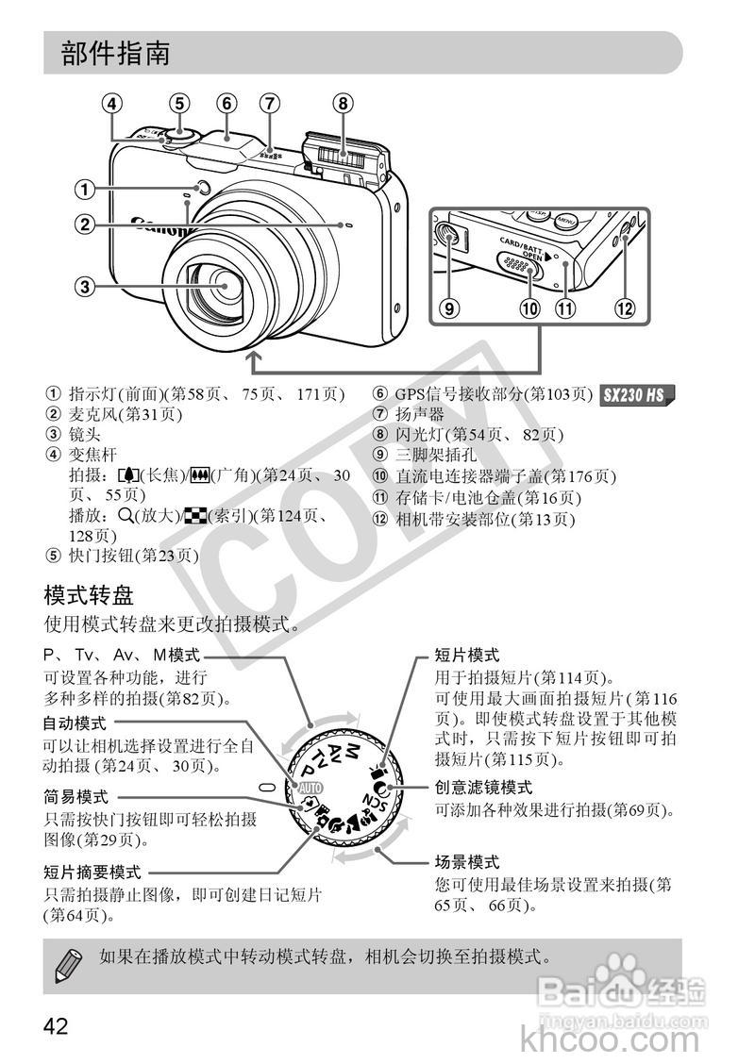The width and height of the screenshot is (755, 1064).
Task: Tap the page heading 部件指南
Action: [116, 54]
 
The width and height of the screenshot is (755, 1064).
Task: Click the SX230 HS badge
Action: [637, 395]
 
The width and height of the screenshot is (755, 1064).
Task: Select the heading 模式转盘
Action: [89, 595]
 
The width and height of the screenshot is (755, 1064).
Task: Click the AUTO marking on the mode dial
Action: [310, 787]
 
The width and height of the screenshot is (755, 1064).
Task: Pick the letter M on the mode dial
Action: [351, 751]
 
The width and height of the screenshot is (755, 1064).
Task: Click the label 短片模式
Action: [466, 655]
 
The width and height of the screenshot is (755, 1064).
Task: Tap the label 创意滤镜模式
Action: [483, 787]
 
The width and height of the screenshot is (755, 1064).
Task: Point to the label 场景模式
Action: [466, 862]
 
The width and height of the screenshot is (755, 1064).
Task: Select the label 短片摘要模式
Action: [92, 873]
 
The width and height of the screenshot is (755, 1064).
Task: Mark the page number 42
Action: [56, 1025]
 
